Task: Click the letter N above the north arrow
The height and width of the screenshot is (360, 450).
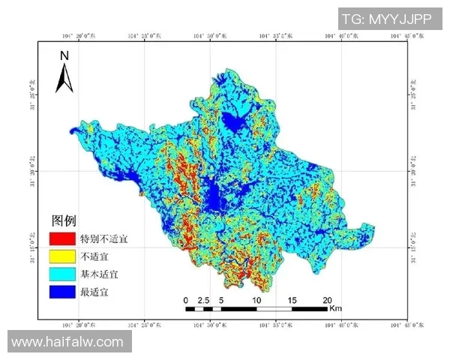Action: [64, 55]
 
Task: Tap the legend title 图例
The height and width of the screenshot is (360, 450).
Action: [63, 221]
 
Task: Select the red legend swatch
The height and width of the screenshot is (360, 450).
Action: [61, 239]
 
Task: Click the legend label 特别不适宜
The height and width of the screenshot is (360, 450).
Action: [103, 239]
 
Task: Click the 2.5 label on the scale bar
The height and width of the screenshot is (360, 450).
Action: [203, 300]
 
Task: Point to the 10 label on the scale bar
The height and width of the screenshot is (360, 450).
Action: [257, 300]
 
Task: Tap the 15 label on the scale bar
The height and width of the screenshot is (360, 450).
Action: [292, 300]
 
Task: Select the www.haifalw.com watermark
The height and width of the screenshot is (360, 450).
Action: [68, 341]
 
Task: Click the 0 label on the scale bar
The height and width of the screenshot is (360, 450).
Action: [186, 300]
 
